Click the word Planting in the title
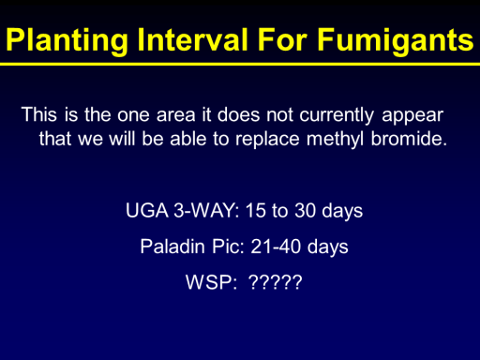[x=67, y=40]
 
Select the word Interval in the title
[x=193, y=39]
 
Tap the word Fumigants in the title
[x=396, y=40]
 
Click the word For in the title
[x=283, y=39]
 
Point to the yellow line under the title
[x=240, y=65]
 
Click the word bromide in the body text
[x=409, y=139]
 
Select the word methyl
[x=335, y=140]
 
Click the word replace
[x=267, y=140]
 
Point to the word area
[x=175, y=115]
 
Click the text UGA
[x=147, y=210]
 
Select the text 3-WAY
[x=206, y=210]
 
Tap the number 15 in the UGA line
[x=255, y=210]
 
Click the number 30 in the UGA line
[x=305, y=210]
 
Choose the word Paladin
[x=172, y=247]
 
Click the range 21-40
[x=276, y=247]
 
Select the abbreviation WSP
[x=211, y=282]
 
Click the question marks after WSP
[x=276, y=282]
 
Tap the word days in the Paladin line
[x=328, y=247]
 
